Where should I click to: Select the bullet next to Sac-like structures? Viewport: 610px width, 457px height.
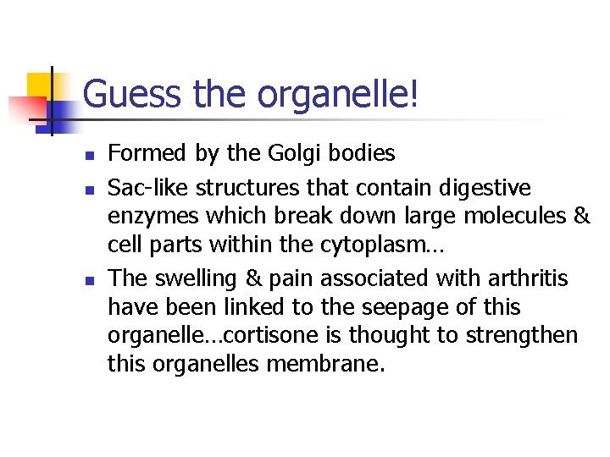(89, 187)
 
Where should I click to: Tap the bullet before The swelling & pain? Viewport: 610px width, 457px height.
(89, 279)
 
